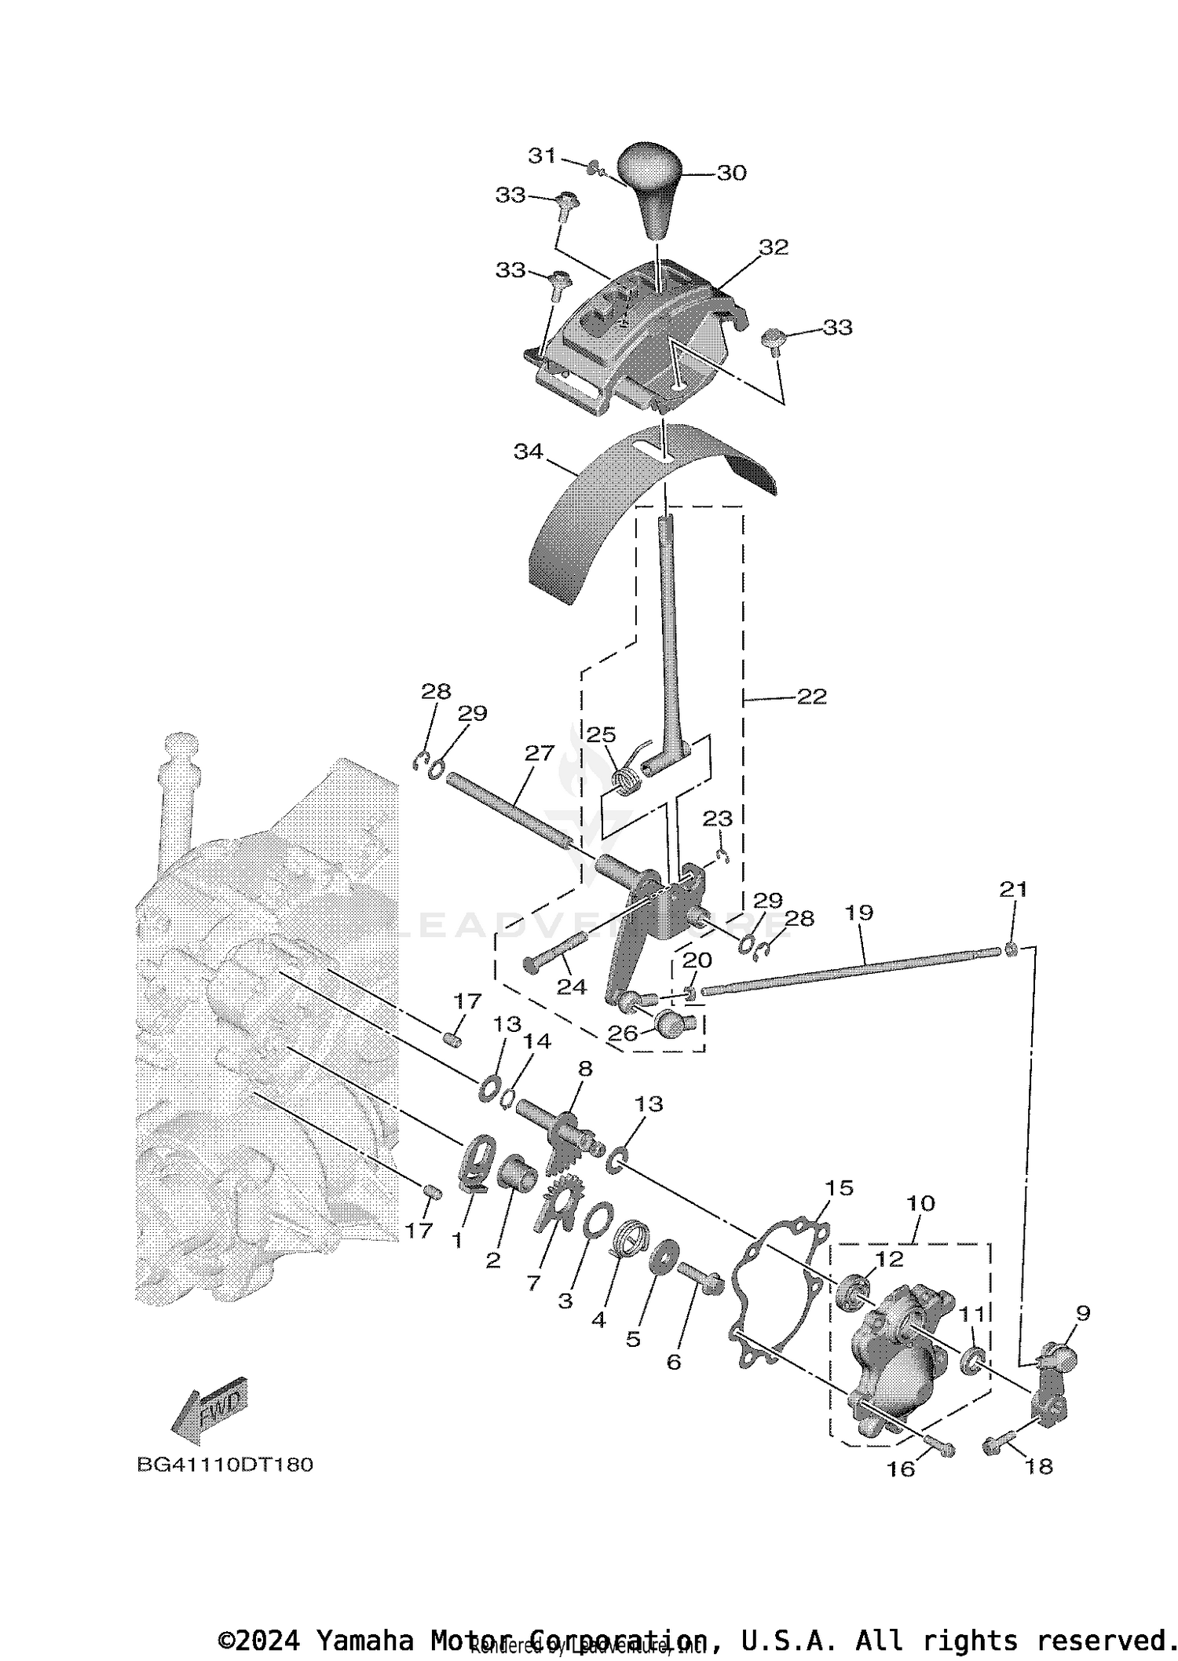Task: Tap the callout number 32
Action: click(773, 247)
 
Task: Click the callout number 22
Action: click(811, 697)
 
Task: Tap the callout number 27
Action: click(539, 753)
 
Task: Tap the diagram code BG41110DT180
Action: click(225, 1465)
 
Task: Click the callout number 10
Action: click(920, 1203)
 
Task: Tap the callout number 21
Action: click(1012, 889)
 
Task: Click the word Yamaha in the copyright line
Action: click(364, 1641)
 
